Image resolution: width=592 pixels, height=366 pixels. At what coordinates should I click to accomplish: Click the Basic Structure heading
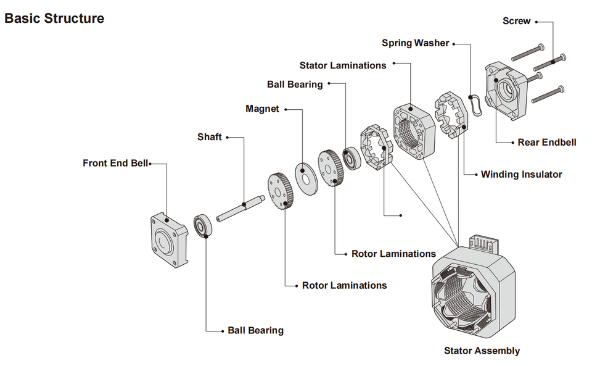point(54,19)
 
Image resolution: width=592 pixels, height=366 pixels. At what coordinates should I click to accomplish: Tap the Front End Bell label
point(115,164)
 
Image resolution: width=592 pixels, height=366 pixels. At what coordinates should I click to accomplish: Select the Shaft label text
point(209,137)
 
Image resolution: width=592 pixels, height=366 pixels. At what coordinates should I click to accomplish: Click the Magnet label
point(262,109)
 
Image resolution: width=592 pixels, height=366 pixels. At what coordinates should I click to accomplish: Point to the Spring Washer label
point(415,43)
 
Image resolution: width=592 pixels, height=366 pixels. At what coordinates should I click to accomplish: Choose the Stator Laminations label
point(343,65)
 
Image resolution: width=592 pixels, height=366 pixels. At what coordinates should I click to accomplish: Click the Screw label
point(516,21)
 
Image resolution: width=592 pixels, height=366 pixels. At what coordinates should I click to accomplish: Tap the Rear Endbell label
point(547,143)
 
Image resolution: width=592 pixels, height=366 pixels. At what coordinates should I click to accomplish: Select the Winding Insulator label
point(522,175)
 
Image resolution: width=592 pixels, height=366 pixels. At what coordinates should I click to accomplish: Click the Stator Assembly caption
point(482,351)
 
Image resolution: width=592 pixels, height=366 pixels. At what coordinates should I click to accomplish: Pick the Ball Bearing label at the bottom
point(255,330)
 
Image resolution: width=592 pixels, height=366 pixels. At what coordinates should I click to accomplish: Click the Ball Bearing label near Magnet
point(295,85)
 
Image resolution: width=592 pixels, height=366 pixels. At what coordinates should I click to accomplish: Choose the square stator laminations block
point(413,130)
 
